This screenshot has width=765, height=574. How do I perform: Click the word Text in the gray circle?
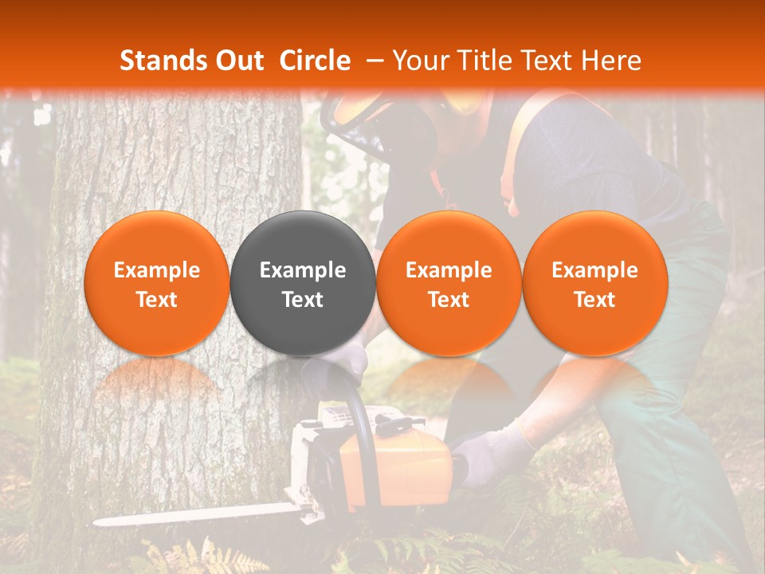[x=303, y=300]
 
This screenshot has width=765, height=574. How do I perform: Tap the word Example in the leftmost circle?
[x=156, y=270]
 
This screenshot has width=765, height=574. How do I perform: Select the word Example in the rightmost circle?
[x=594, y=270]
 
